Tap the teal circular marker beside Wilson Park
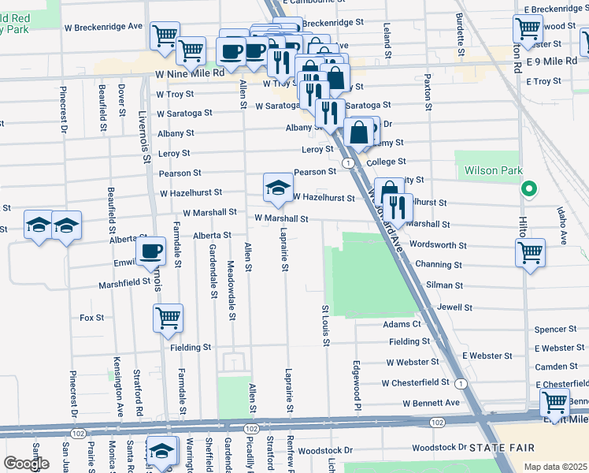click(529, 189)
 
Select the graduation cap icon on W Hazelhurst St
click(276, 188)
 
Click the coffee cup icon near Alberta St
click(150, 251)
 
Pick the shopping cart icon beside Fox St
click(168, 318)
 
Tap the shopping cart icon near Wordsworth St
click(530, 253)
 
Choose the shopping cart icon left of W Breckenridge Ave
click(164, 35)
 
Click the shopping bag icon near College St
click(359, 132)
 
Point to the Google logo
click(26, 464)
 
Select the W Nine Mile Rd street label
click(187, 73)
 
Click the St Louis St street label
click(324, 326)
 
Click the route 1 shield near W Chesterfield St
click(461, 383)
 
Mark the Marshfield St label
click(124, 282)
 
